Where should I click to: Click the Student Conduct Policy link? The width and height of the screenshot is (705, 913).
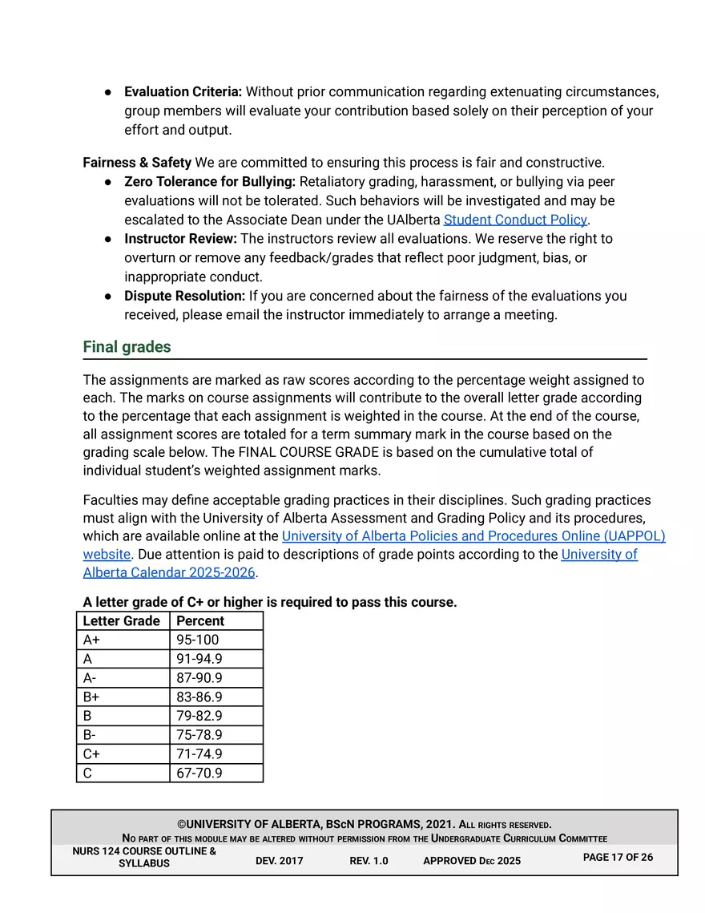515,220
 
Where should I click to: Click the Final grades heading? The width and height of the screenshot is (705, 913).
127,347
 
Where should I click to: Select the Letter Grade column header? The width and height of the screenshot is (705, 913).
122,621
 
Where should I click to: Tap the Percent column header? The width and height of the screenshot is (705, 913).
200,621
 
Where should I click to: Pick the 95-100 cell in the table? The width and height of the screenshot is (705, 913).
198,640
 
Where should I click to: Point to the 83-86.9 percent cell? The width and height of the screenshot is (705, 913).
199,697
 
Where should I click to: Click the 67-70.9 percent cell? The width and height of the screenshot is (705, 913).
199,774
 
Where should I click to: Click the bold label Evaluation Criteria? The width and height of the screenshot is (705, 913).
183,91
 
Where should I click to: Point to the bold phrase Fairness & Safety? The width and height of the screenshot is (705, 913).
137,163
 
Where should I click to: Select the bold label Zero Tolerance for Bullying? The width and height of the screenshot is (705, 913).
210,182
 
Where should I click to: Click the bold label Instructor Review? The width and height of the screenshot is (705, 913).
180,239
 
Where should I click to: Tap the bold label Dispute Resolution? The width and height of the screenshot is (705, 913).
184,296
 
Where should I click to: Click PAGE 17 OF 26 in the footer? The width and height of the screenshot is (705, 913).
618,857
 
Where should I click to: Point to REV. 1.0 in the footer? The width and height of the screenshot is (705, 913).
369,861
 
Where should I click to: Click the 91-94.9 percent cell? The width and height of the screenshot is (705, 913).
199,659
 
